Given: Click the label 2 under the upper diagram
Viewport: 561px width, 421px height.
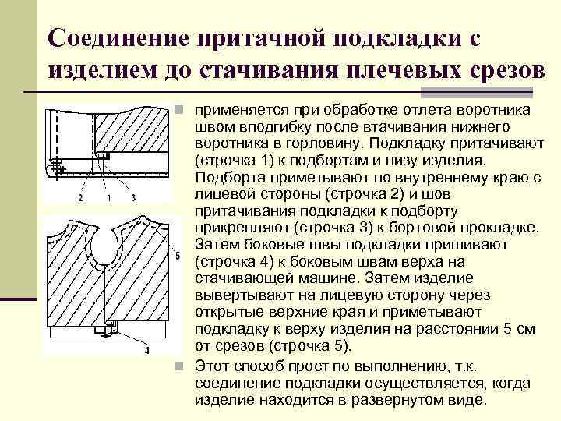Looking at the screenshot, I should tap(79, 198).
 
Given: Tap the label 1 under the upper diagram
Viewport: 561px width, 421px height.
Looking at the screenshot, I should tap(108, 198).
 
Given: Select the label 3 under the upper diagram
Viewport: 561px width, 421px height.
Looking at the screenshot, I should tap(133, 198).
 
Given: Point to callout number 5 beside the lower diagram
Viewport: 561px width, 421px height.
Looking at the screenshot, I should tap(178, 256).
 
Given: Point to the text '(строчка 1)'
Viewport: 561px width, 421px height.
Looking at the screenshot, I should tap(235, 161).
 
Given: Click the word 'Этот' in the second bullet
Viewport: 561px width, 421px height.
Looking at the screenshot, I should tap(211, 365).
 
